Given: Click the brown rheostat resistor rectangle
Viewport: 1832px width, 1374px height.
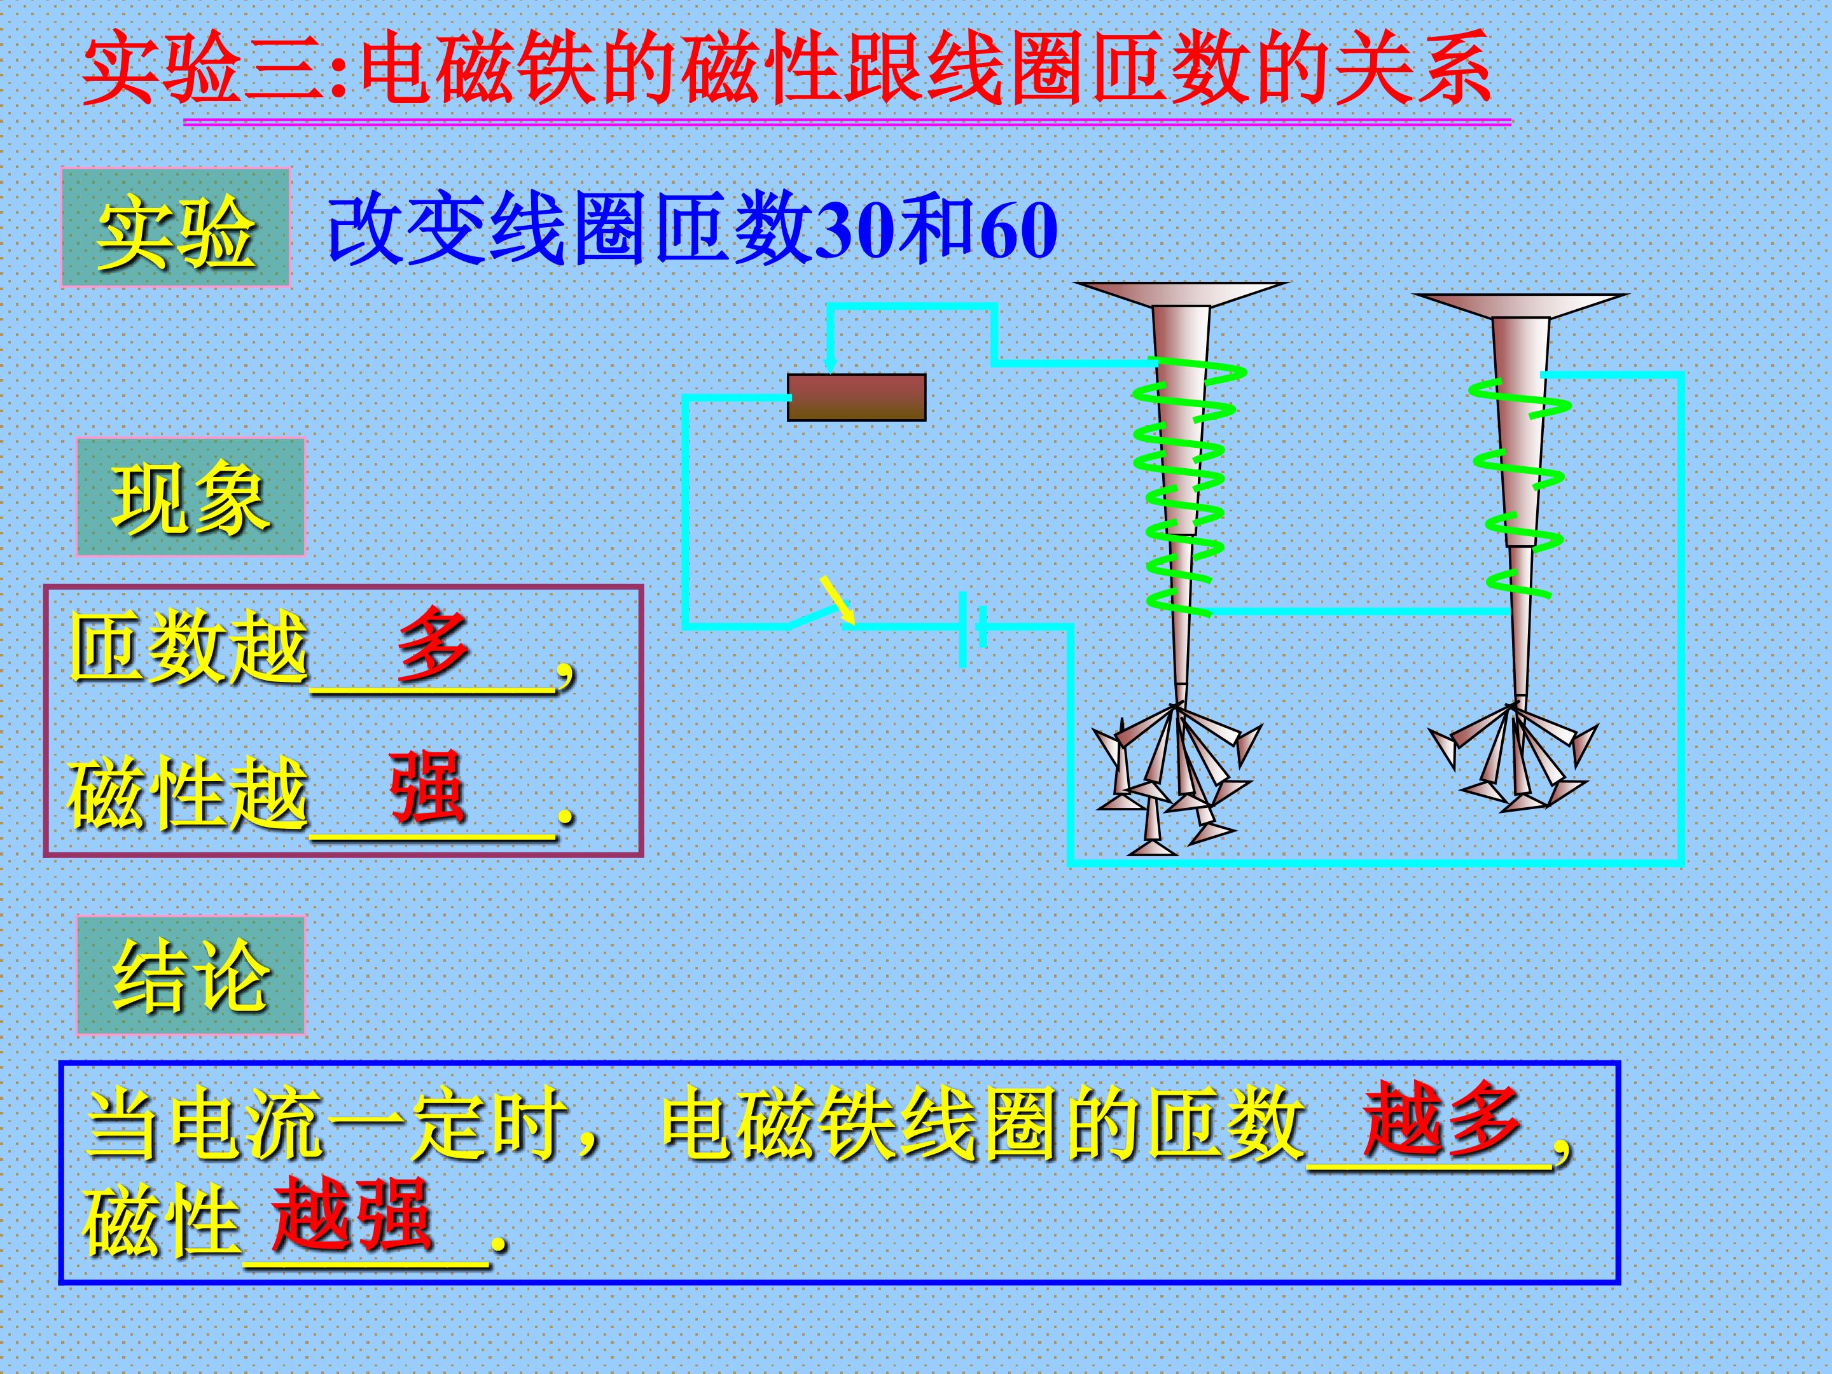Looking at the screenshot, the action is pos(856,398).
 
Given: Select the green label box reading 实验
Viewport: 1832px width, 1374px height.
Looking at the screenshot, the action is pos(175,228).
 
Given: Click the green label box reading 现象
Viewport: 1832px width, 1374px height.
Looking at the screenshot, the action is pos(190,497).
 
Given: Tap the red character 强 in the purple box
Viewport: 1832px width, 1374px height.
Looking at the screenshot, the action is pos(427,787).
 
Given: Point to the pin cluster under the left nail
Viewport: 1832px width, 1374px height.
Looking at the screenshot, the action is pos(1176,779).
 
